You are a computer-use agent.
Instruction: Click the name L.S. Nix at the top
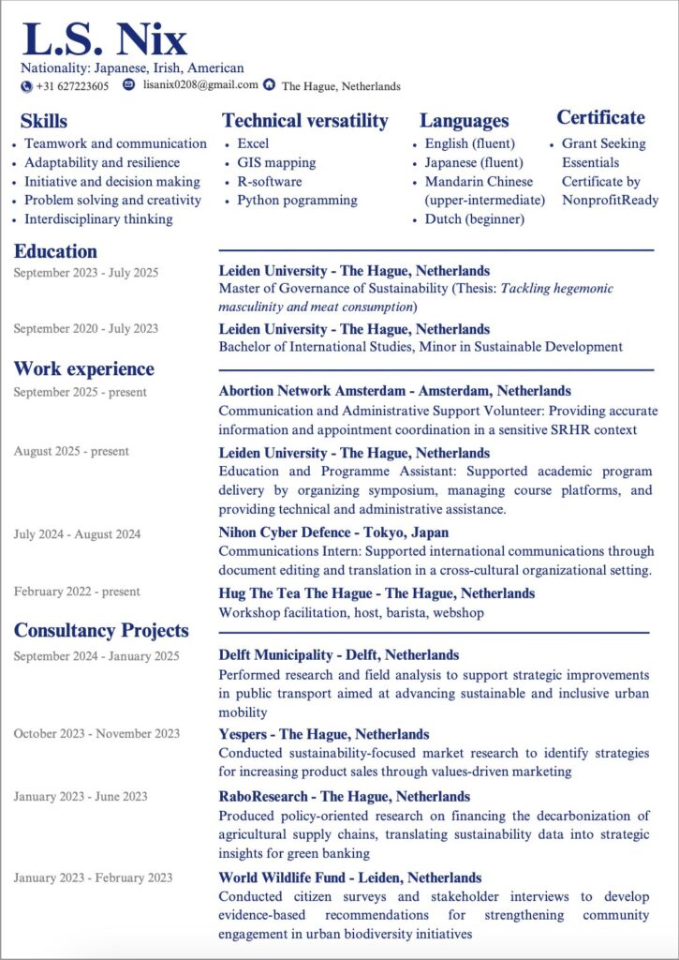104,39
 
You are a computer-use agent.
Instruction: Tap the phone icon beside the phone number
26,86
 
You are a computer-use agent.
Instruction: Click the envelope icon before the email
129,85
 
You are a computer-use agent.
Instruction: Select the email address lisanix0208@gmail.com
200,85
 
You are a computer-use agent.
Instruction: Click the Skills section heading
44,121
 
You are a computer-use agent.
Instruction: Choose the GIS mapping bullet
276,162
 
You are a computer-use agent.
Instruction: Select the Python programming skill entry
297,200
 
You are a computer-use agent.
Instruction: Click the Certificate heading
600,117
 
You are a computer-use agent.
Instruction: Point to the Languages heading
464,120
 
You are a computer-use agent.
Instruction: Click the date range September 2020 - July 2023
86,329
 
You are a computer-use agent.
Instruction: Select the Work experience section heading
84,368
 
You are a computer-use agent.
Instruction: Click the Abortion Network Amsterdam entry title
394,391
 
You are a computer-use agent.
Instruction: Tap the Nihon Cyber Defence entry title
333,532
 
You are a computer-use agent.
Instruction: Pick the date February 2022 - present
77,592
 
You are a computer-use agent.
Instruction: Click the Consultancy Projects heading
101,630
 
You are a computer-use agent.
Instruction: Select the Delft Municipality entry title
338,654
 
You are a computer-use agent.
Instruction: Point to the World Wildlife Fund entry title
350,877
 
